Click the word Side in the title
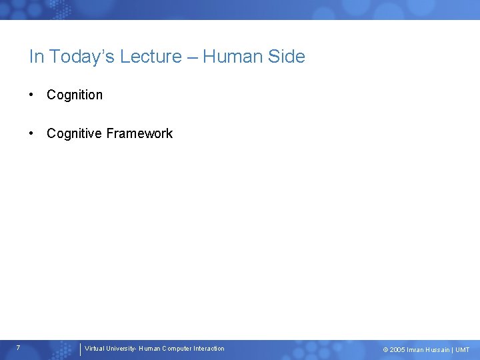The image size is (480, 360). (x=288, y=57)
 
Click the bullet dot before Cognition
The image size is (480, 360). (x=32, y=95)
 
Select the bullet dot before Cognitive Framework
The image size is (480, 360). (x=32, y=133)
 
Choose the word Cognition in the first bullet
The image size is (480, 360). (x=75, y=95)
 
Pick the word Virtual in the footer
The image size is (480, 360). (x=95, y=349)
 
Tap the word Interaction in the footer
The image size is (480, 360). (x=209, y=349)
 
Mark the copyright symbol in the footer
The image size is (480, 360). (x=385, y=350)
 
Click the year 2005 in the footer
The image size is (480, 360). (x=397, y=350)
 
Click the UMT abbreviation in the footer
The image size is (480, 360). (x=463, y=350)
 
